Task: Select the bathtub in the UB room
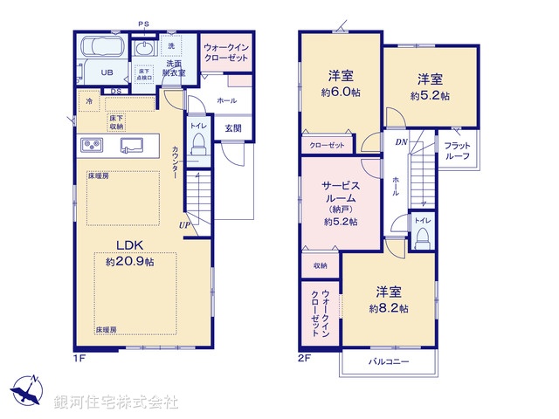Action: coord(104,50)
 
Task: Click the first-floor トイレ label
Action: coord(198,126)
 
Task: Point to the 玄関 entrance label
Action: coord(233,127)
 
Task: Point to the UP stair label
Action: coord(185,225)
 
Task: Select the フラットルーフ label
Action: coord(456,150)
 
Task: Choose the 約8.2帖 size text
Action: coord(389,308)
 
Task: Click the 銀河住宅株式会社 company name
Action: coord(116,402)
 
